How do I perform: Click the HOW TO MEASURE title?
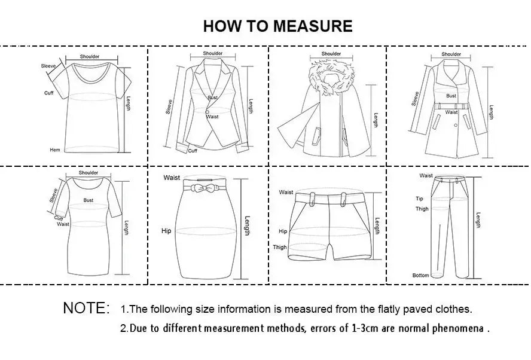coord(277,26)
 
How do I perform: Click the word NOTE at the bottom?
coord(86,309)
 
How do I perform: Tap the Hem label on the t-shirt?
coord(54,150)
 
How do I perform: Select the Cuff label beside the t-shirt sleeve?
coord(49,93)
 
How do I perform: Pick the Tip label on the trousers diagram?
coord(419,199)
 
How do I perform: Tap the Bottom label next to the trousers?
coord(420,275)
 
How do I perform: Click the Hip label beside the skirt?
coord(166,230)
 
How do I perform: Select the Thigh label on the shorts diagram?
coord(280,247)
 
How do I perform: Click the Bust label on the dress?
coord(89,200)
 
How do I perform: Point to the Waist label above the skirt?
coord(172,178)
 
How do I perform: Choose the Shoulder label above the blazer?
coord(212,53)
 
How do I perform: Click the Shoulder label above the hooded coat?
coord(331,54)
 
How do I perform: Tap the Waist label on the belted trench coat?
coord(451,112)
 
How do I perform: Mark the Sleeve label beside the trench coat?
coord(415,98)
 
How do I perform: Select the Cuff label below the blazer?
coord(193,151)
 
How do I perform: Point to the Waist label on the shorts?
coord(286,192)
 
